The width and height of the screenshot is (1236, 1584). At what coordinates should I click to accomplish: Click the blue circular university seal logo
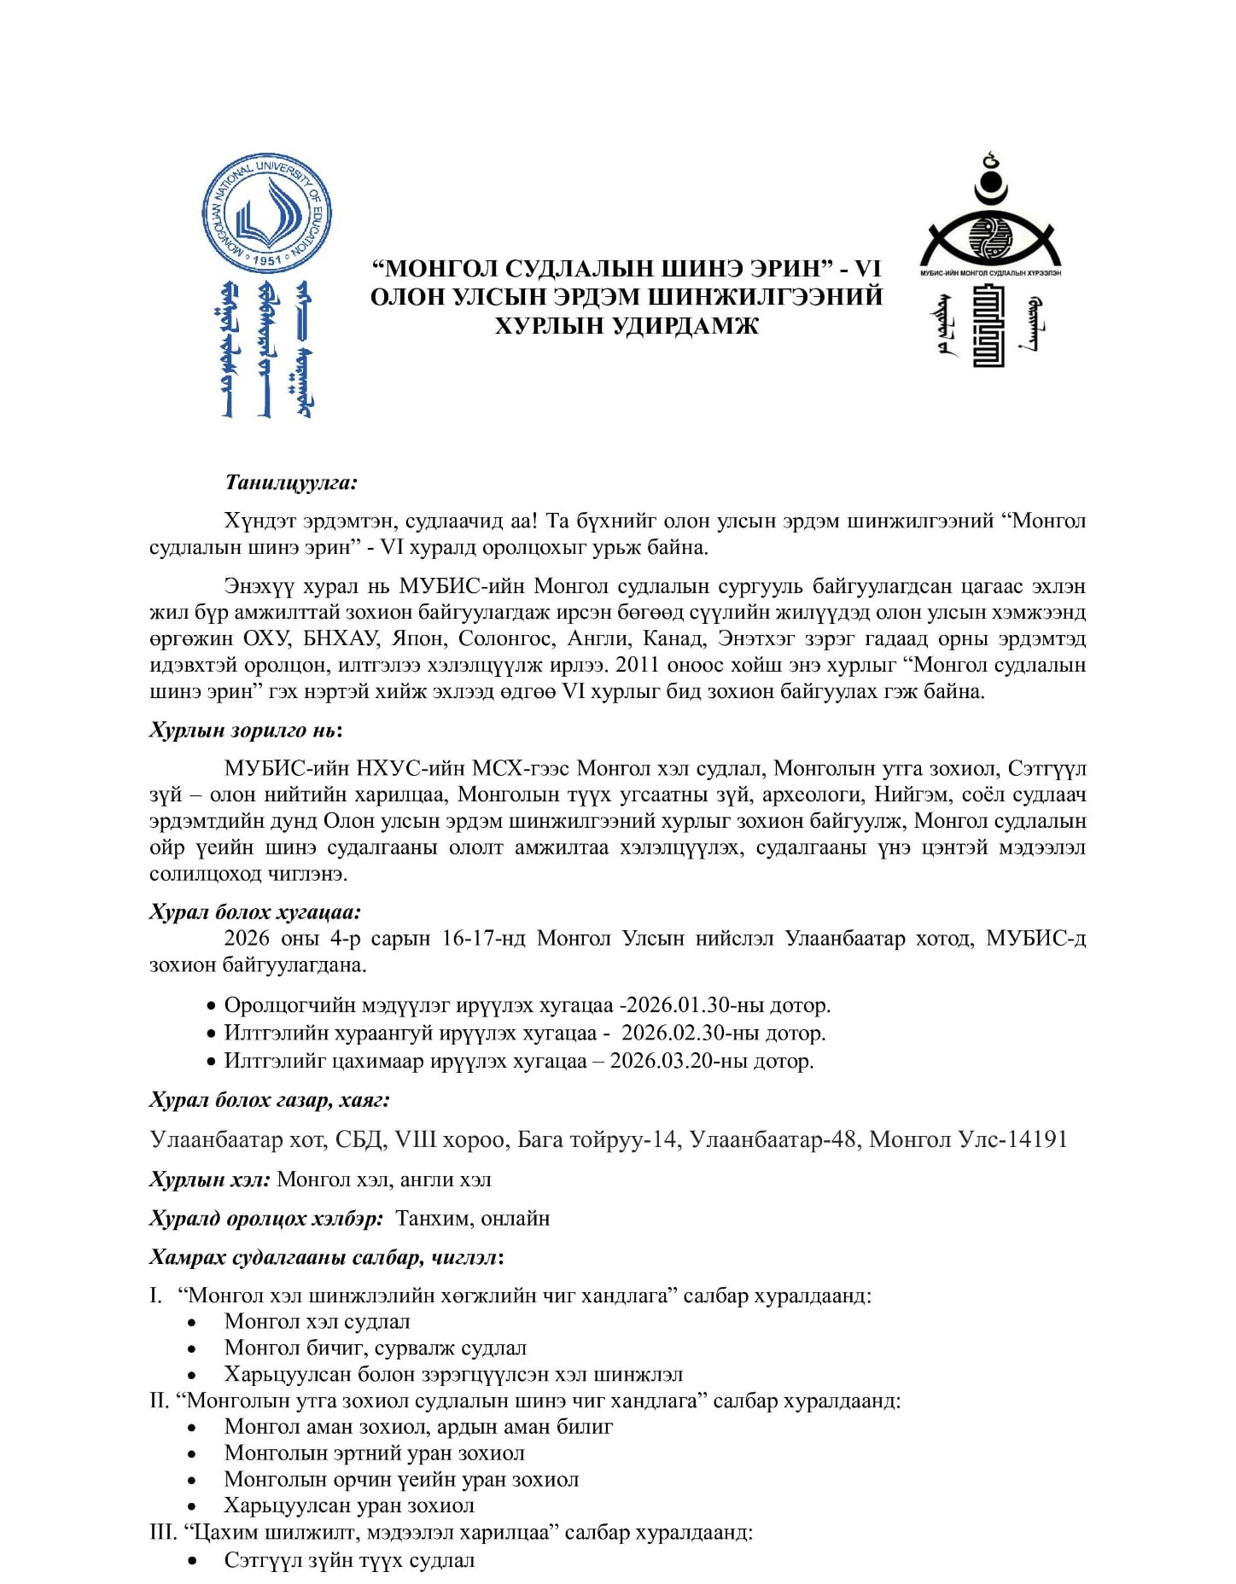(x=266, y=213)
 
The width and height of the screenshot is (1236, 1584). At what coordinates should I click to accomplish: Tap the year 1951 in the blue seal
(x=267, y=259)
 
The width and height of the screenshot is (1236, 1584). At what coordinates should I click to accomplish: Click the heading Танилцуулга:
(x=291, y=482)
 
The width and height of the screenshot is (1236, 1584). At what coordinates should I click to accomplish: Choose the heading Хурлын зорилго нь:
(x=246, y=730)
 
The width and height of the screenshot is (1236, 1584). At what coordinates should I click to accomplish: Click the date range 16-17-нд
(x=484, y=938)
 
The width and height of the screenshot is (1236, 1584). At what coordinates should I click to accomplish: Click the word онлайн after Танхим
(x=516, y=1218)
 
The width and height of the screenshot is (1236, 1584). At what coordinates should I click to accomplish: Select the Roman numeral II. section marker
(x=160, y=1401)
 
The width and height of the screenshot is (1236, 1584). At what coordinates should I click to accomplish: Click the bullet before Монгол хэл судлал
(x=195, y=1322)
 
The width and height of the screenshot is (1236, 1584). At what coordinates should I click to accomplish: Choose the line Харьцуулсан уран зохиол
(x=349, y=1505)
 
